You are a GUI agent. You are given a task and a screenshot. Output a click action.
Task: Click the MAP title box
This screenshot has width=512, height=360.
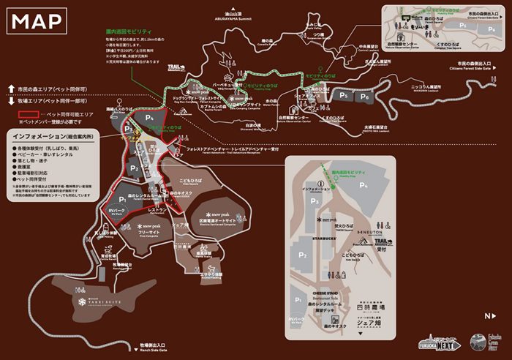click(x=37, y=21)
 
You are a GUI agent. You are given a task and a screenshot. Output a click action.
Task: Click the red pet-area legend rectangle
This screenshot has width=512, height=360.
click(x=29, y=115)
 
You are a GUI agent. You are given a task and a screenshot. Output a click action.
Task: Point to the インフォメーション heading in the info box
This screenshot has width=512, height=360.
click(x=42, y=137)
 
